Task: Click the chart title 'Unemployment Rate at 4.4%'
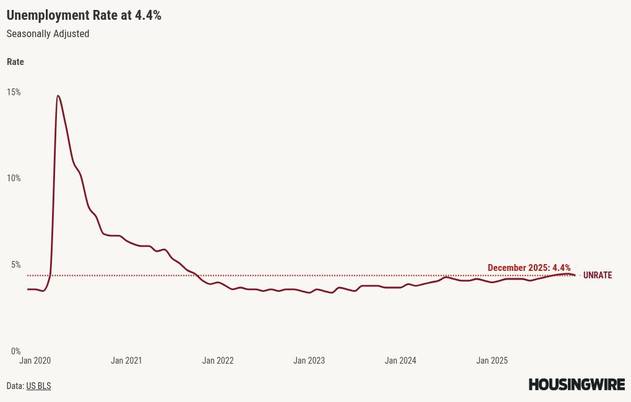84,15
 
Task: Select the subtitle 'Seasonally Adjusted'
48,34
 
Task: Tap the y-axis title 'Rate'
15,62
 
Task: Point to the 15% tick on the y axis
14,92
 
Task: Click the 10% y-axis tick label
14,178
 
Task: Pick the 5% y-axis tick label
15,265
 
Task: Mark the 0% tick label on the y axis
15,351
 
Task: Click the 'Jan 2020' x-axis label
35,361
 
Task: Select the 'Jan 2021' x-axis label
126,361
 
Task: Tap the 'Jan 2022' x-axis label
218,361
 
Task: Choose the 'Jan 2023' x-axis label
309,361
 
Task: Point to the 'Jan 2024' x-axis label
400,361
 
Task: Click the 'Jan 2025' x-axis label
492,361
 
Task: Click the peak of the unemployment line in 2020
58,96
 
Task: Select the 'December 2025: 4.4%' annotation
529,268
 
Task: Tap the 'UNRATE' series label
598,275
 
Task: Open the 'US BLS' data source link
38,386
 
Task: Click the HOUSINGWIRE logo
577,385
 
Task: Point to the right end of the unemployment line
575,275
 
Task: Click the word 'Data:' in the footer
15,386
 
